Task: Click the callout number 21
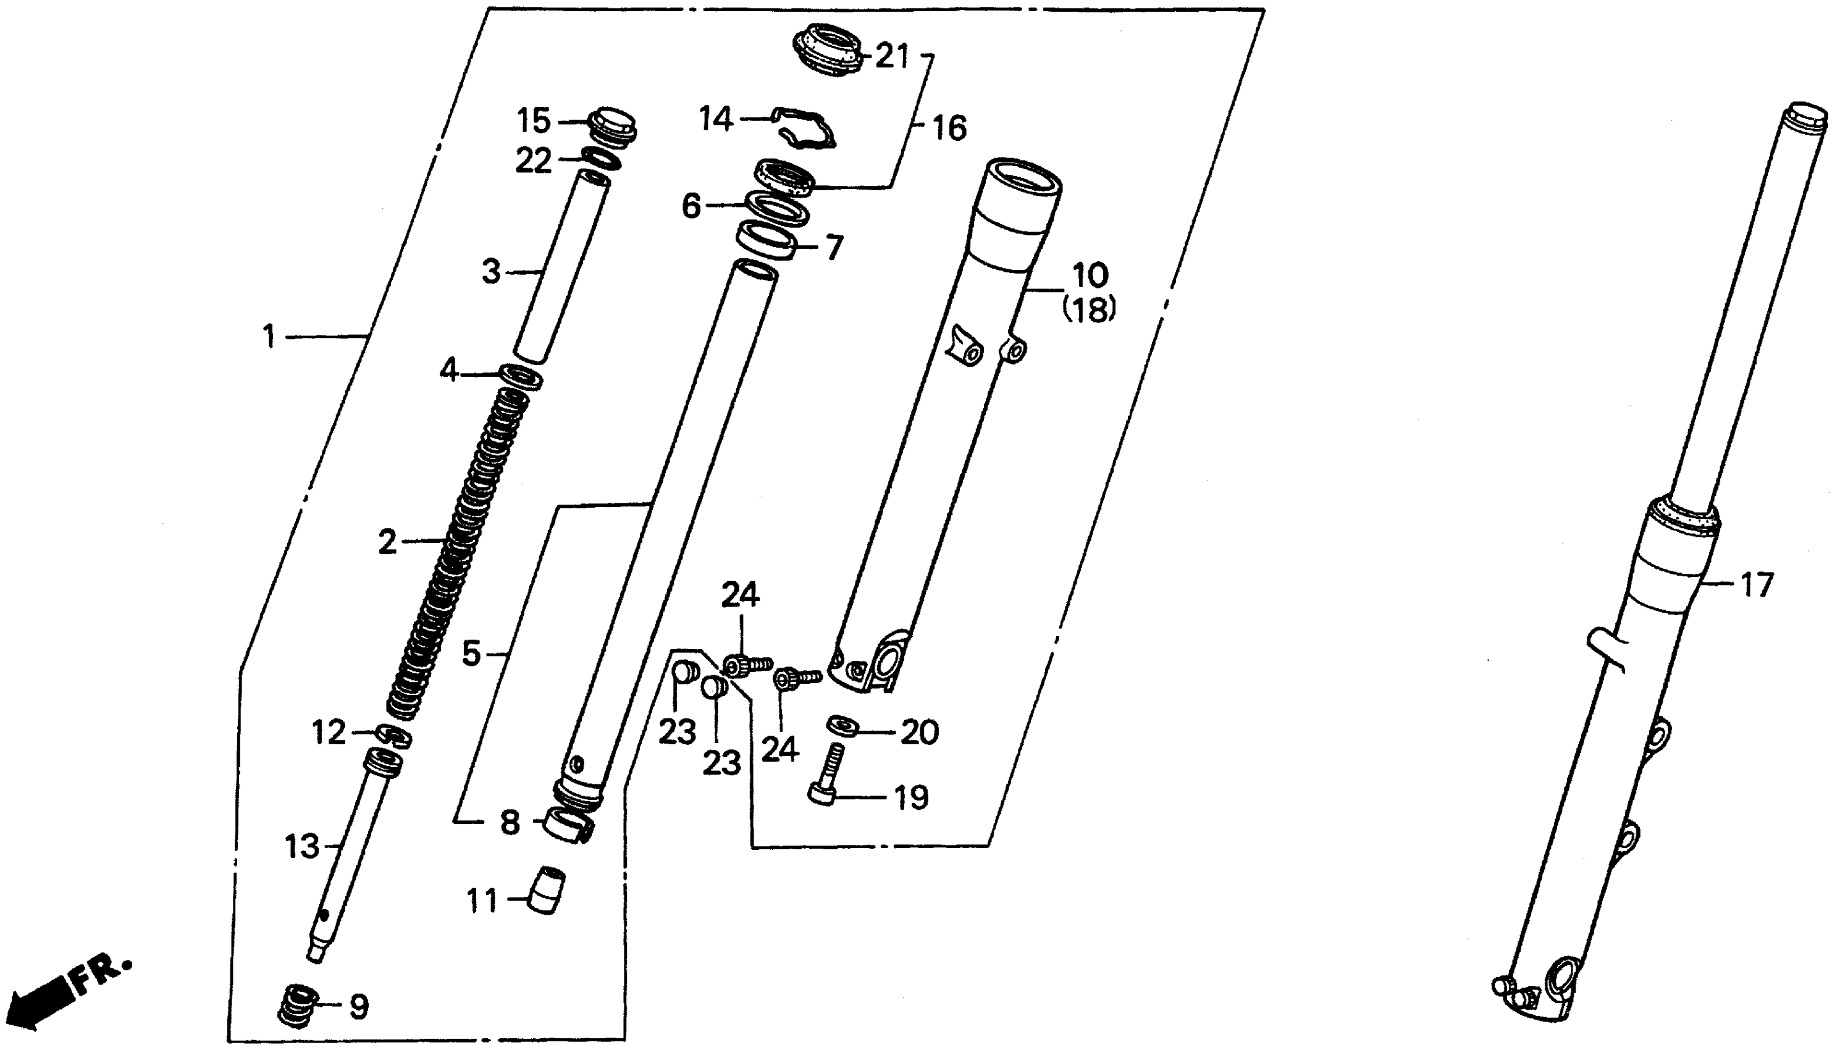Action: click(893, 56)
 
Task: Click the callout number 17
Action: click(1757, 585)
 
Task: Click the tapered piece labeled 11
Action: click(547, 891)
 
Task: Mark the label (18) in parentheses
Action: click(1089, 311)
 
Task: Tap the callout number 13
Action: click(301, 846)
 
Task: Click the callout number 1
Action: click(269, 337)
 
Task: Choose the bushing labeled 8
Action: click(568, 826)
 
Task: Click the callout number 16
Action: click(949, 128)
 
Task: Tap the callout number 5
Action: click(471, 654)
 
